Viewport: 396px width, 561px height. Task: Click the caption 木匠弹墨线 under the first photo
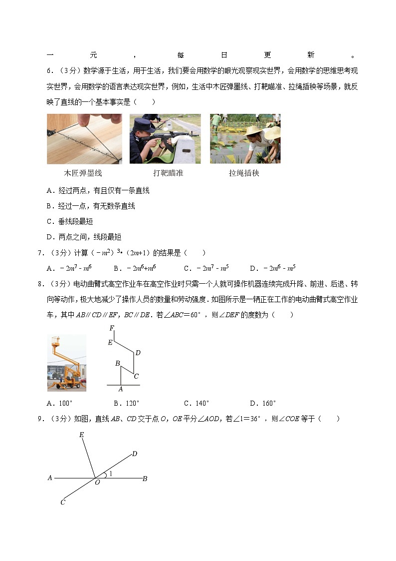coord(83,173)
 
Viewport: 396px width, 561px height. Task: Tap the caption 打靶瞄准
coord(168,173)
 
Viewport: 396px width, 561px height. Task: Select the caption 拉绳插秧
coord(244,173)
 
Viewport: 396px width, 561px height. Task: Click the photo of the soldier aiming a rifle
coord(165,138)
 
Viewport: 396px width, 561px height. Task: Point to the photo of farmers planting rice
coord(245,138)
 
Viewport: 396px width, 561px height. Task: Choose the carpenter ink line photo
coord(84,138)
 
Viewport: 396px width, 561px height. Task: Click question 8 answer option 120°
coord(126,403)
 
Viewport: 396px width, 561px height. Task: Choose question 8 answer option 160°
coord(263,403)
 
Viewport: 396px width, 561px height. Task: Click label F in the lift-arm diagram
coord(112,328)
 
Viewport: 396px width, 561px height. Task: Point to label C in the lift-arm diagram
coord(136,376)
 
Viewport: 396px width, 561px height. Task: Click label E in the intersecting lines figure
coord(81,435)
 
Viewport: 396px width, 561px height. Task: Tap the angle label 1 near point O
coord(110,473)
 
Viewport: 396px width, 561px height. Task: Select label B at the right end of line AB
coord(145,479)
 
